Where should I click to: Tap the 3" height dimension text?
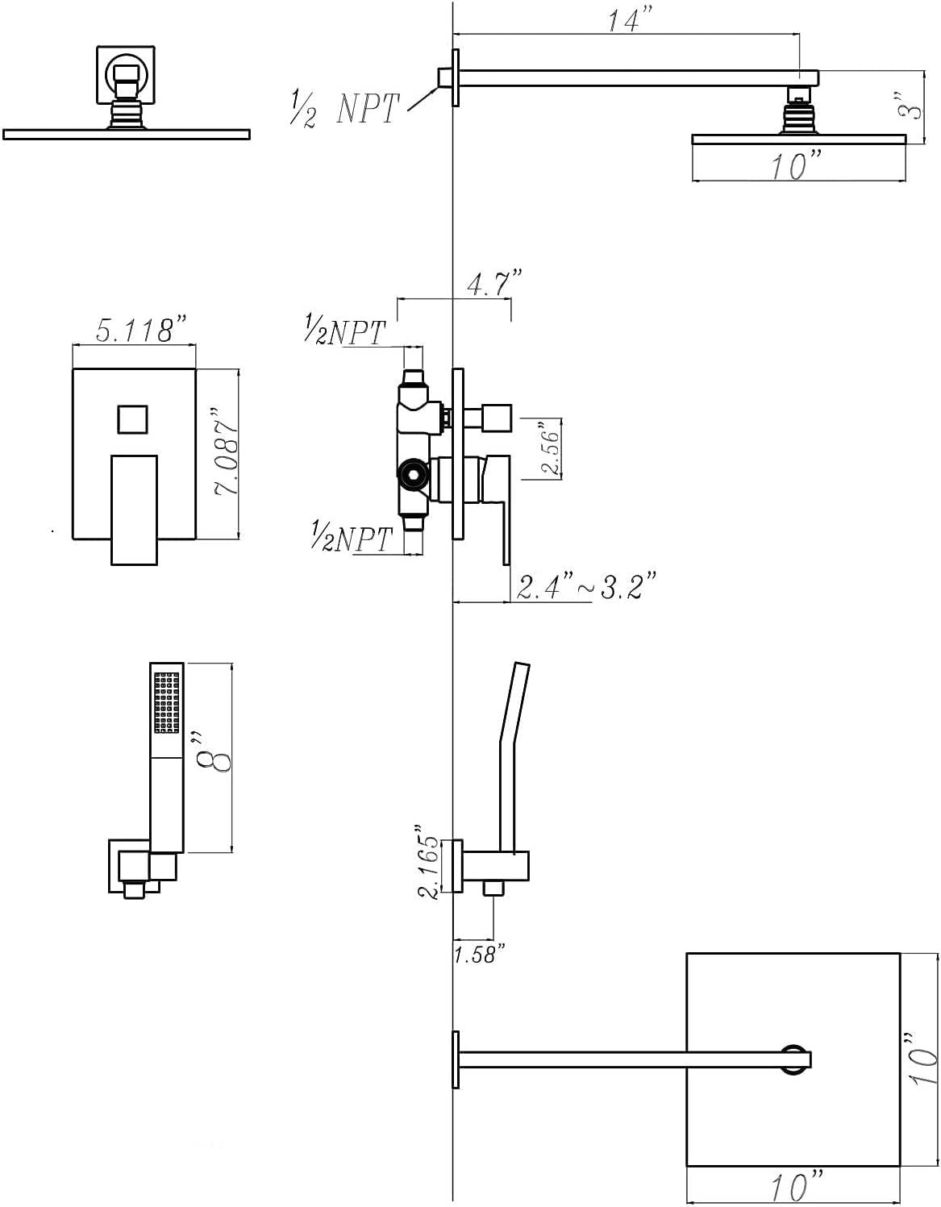(909, 106)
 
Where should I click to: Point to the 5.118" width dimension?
(141, 329)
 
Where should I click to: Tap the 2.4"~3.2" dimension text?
(586, 586)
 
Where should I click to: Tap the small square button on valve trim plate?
(132, 419)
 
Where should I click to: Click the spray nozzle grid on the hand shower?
(167, 702)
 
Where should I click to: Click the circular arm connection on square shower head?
(794, 1059)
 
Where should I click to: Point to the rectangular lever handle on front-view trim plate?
(135, 510)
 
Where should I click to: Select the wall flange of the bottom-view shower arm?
(456, 1059)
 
